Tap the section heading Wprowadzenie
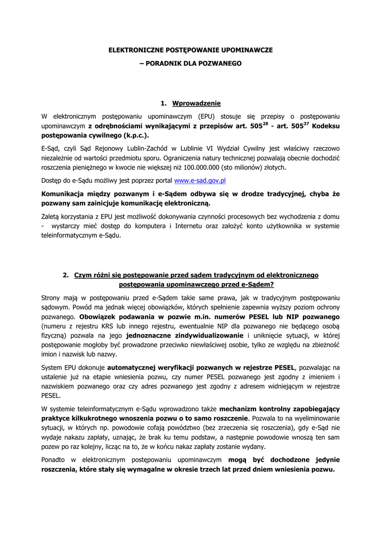(196, 103)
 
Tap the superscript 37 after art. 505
(306, 123)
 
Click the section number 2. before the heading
(65, 275)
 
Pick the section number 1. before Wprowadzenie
(163, 103)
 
